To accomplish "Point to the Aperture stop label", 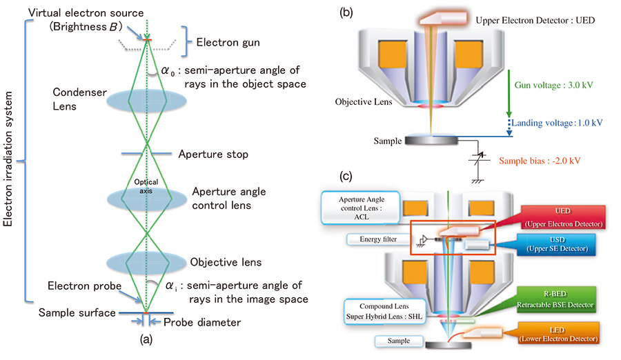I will point(213,154).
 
